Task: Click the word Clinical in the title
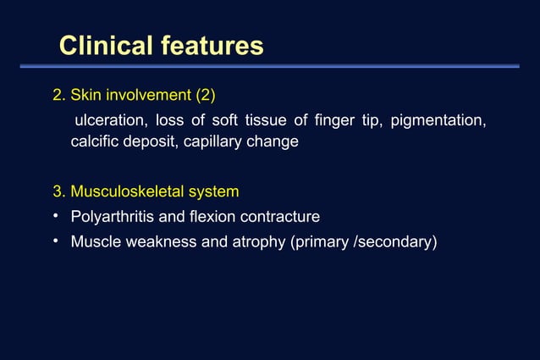(x=107, y=46)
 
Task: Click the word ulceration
(x=110, y=120)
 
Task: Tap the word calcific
(x=96, y=141)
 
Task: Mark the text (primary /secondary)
(x=364, y=242)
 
